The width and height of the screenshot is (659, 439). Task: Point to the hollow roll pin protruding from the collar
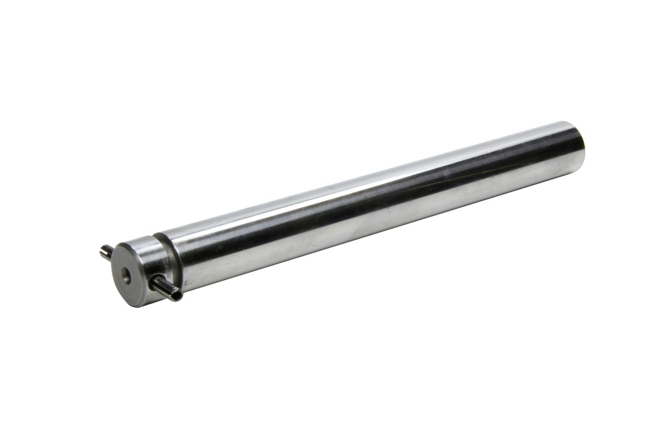(x=166, y=288)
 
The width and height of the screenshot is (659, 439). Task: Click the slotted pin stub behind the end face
(x=106, y=252)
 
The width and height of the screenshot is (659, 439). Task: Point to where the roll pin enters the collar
(x=154, y=281)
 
